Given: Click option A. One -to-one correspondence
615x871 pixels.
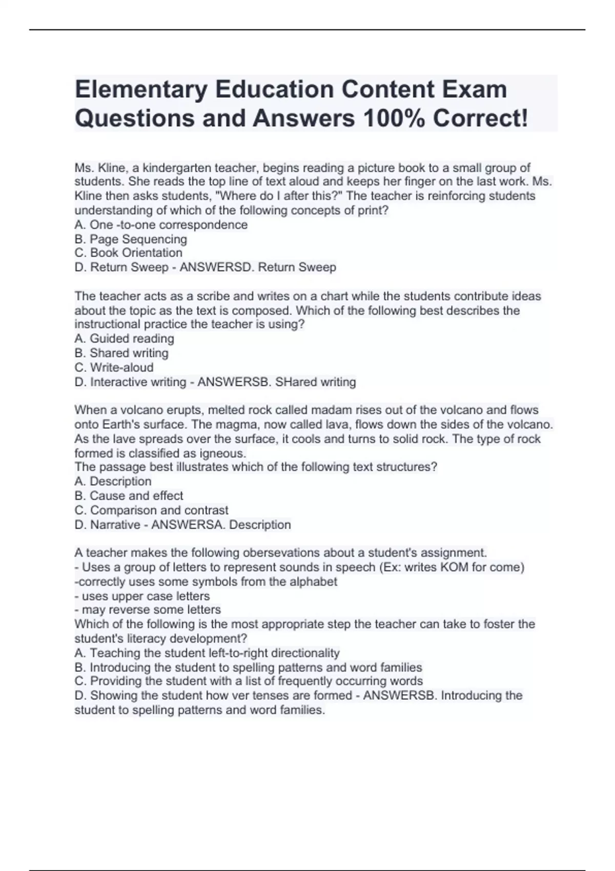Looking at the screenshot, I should tap(161, 224).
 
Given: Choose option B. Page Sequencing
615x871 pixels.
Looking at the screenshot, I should tap(131, 239).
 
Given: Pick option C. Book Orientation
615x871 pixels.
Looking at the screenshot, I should tap(128, 253).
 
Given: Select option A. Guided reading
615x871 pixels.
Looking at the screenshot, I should tap(124, 338).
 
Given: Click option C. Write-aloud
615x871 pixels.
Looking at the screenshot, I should tap(114, 367).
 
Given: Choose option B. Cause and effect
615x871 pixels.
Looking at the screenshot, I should tap(129, 495).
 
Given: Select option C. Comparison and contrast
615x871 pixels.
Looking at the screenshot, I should tap(151, 510).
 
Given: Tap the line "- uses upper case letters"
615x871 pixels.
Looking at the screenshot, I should tap(142, 596).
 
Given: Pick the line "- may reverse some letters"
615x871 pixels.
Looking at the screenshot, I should tap(148, 610).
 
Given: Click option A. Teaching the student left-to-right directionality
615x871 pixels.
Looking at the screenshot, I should tap(207, 653).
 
